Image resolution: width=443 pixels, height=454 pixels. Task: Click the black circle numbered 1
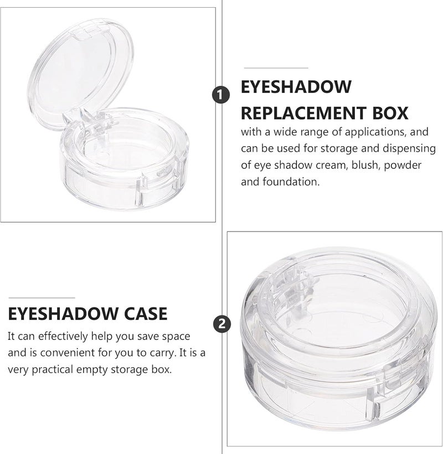coord(220,95)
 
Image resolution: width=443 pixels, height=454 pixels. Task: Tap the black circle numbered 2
coord(222,323)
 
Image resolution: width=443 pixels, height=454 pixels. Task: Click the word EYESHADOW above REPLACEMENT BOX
coord(296,86)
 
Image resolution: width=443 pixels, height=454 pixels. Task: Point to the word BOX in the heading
coord(390,113)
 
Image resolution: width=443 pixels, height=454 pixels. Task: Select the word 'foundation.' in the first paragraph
coord(291,182)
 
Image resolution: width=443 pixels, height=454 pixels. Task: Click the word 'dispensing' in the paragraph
coord(409,149)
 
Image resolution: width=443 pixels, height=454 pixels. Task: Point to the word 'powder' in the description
coord(403,166)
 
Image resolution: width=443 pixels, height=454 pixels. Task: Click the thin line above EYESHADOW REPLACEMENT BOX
coord(276,68)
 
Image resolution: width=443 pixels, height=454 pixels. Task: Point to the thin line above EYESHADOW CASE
coord(42,298)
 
